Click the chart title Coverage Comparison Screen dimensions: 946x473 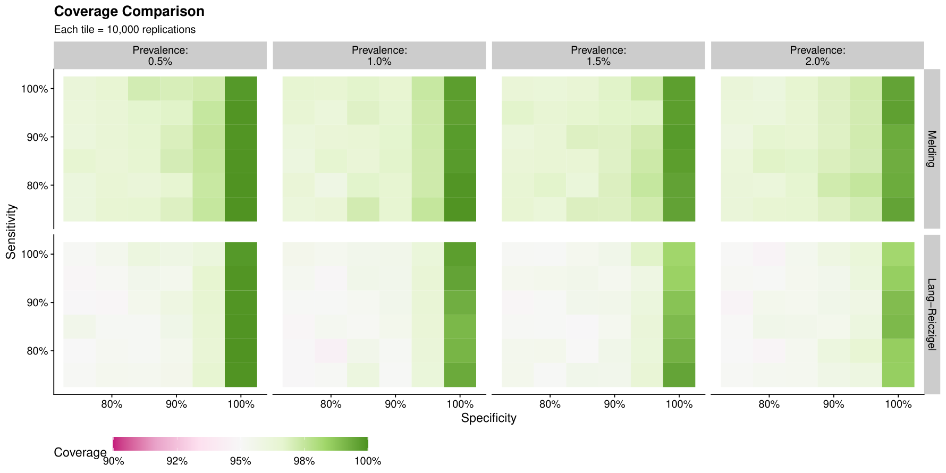pyautogui.click(x=129, y=11)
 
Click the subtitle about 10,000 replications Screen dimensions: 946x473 pyautogui.click(x=125, y=30)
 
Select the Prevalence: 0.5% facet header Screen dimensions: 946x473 pyautogui.click(x=160, y=56)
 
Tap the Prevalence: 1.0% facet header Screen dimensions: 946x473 pyautogui.click(x=379, y=56)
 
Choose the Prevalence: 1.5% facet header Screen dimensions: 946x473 pyautogui.click(x=598, y=56)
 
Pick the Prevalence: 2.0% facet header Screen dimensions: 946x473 pyautogui.click(x=817, y=56)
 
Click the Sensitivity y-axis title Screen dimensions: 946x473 pyautogui.click(x=11, y=232)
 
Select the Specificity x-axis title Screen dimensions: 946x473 pyautogui.click(x=488, y=418)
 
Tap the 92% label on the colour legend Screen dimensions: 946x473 pyautogui.click(x=177, y=461)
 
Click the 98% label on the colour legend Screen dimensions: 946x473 pyautogui.click(x=305, y=461)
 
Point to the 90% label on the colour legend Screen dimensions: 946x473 pyautogui.click(x=113, y=461)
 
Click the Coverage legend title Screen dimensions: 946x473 pyautogui.click(x=80, y=453)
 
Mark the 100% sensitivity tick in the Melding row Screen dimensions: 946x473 pyautogui.click(x=35, y=89)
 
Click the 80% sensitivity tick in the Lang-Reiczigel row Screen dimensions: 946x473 pyautogui.click(x=37, y=351)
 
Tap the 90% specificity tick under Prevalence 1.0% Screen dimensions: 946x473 pyautogui.click(x=395, y=404)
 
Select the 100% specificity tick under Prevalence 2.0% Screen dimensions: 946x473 pyautogui.click(x=898, y=404)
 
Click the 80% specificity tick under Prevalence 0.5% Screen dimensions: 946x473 pyautogui.click(x=112, y=404)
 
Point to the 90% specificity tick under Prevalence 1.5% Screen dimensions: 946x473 pyautogui.click(x=614, y=404)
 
